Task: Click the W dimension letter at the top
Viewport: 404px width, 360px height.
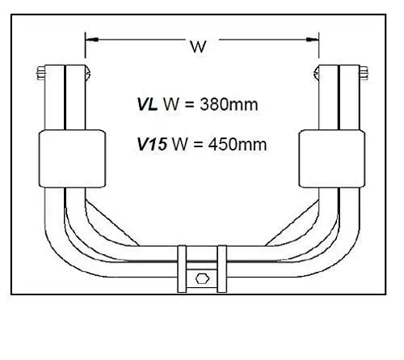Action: (199, 47)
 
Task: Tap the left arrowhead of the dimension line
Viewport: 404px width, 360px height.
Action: (91, 40)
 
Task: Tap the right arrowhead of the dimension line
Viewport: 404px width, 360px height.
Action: (313, 40)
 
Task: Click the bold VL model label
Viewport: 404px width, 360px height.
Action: (147, 104)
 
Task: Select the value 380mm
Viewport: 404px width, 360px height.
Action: (229, 104)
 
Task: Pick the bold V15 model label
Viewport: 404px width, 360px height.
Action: (152, 144)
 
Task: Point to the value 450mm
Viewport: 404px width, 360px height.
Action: (238, 144)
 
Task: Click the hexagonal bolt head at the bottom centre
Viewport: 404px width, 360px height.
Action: (202, 279)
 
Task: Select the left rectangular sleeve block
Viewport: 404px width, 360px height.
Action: (72, 159)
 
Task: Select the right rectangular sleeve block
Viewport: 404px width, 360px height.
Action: (332, 159)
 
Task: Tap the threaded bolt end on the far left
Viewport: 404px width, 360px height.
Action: (40, 73)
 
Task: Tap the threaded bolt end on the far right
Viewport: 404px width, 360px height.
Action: (364, 73)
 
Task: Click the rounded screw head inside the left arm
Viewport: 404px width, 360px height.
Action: (88, 73)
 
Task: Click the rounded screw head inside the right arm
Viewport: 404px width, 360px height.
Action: (316, 73)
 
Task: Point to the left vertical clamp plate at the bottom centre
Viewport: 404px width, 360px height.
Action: (182, 269)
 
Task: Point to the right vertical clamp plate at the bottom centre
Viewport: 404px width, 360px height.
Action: (222, 269)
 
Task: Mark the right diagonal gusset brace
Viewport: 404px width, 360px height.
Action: (292, 223)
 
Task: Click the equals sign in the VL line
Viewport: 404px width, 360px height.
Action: (190, 104)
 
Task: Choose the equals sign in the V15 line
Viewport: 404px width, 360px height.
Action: (198, 145)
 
